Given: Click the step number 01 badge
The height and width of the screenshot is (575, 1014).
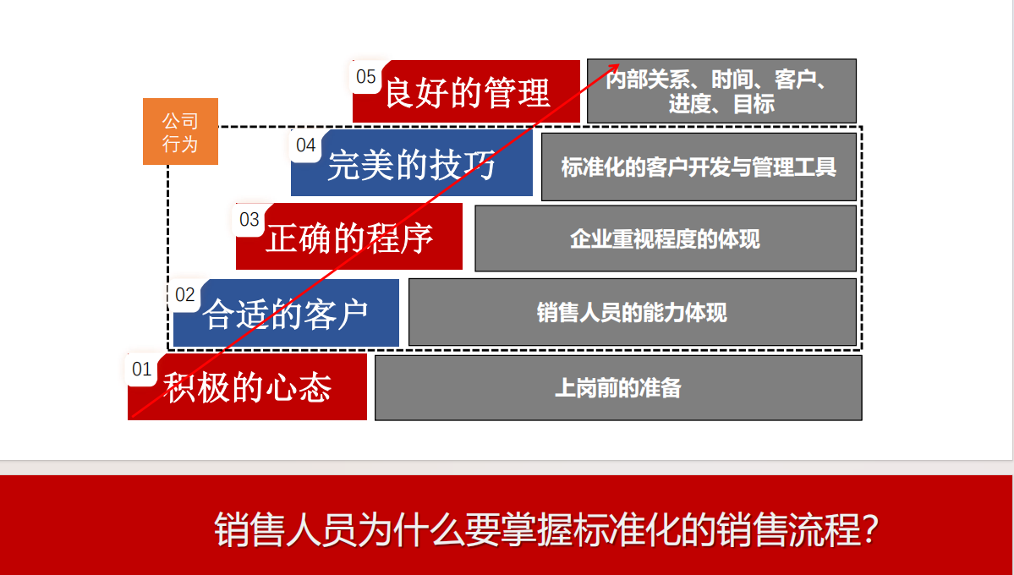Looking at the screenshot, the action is (141, 370).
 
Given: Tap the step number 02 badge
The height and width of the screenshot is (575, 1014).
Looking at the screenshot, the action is (185, 295).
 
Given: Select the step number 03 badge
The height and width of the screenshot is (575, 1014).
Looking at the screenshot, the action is (249, 220).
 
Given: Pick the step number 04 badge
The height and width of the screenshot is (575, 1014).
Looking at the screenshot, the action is (305, 145).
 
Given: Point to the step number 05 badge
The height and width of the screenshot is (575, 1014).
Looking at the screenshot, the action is (365, 77).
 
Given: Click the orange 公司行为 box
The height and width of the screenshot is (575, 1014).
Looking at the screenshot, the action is (180, 131).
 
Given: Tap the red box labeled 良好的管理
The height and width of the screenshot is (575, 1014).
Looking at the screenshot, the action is (466, 91).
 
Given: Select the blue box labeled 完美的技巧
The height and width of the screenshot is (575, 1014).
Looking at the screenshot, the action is (411, 163).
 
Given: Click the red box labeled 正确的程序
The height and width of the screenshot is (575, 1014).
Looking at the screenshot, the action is (349, 237).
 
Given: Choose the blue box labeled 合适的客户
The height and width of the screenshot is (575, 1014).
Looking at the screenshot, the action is (286, 313).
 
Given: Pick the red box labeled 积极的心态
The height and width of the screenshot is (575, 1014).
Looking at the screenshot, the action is (247, 386).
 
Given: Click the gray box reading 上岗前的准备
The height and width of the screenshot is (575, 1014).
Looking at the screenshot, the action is (618, 387).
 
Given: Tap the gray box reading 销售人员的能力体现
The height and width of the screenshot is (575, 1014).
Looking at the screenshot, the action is (633, 312).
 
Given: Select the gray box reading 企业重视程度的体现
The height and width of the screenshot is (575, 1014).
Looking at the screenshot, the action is (666, 238).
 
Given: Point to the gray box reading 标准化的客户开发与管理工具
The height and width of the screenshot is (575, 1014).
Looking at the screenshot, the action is (699, 167).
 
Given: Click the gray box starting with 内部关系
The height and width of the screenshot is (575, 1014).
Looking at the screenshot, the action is (721, 91).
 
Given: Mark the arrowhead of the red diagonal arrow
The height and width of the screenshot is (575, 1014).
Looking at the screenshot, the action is (617, 65).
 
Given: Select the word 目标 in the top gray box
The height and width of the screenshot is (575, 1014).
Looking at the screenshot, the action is (754, 104).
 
